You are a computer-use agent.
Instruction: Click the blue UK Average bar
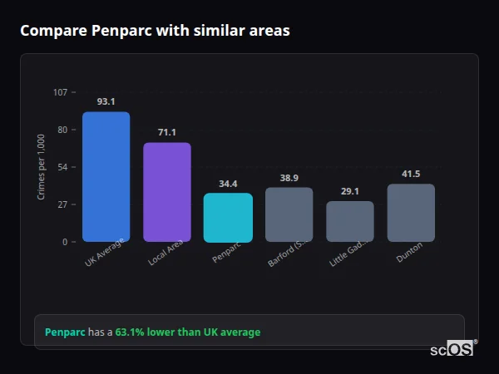(x=106, y=177)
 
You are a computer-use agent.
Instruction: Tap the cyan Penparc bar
(x=228, y=218)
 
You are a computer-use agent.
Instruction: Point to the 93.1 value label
(x=106, y=101)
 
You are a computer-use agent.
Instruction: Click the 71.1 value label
(x=167, y=132)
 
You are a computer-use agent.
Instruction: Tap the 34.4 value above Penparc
(x=228, y=184)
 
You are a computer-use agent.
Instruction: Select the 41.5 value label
(x=411, y=174)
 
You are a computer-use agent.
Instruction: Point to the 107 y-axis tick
(x=60, y=92)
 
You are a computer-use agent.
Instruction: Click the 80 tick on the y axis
(x=62, y=130)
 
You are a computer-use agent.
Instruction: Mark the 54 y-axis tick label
(x=62, y=167)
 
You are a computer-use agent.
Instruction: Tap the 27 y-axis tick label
(x=62, y=204)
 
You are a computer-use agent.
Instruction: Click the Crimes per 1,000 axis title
(x=41, y=166)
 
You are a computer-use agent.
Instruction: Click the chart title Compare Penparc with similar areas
(x=156, y=31)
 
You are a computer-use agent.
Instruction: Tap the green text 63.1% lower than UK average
(x=188, y=332)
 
